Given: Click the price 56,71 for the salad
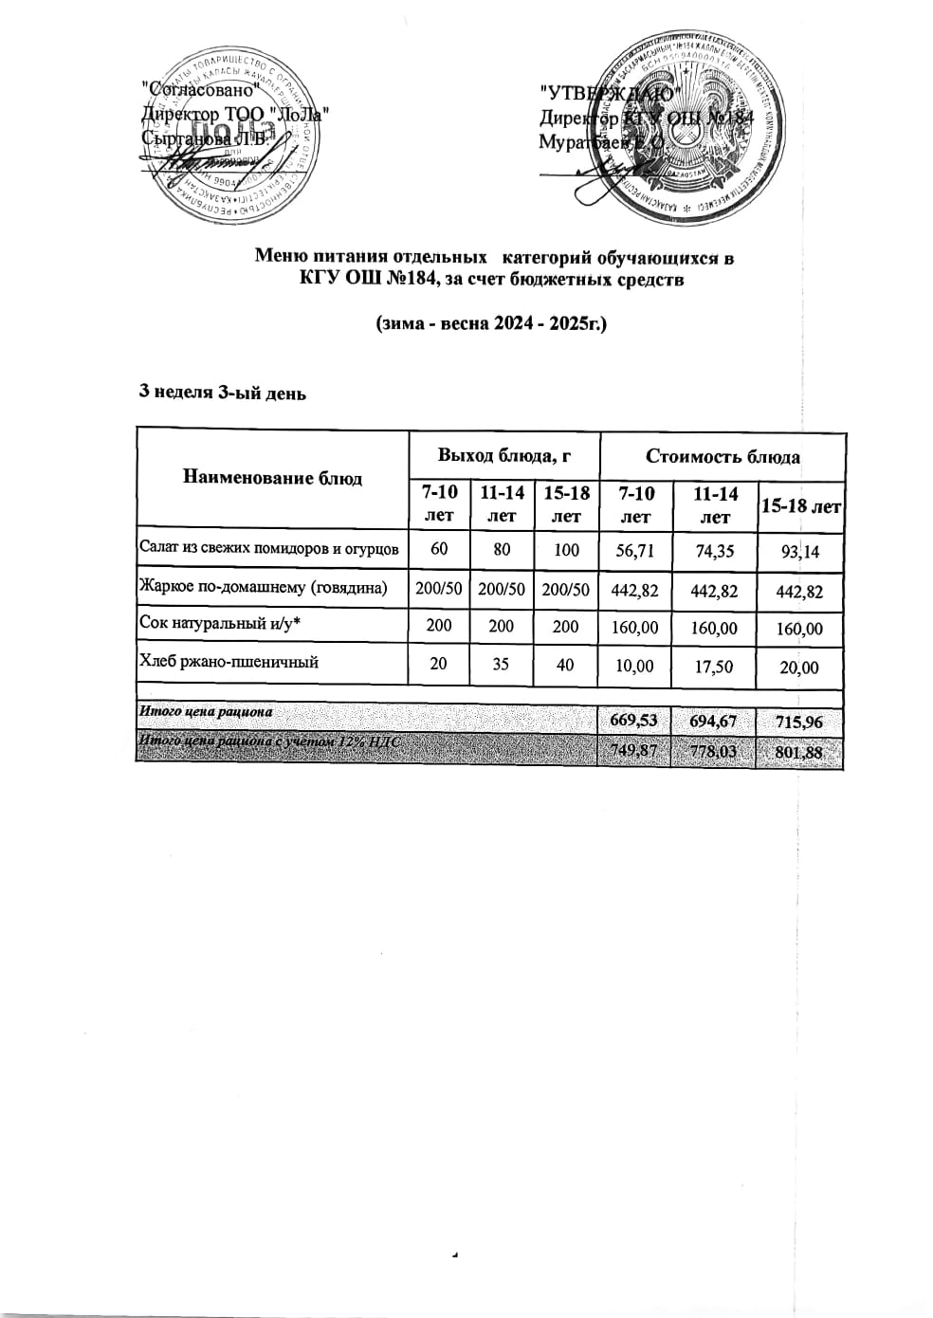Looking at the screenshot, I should click(634, 549).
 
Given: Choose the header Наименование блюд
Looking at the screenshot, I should click(272, 478).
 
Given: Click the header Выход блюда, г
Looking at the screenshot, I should click(503, 456).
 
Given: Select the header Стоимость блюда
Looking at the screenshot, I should click(723, 456).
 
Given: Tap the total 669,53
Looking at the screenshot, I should click(633, 720).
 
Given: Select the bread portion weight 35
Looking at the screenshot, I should click(501, 665).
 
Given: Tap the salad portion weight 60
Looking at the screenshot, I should click(438, 548).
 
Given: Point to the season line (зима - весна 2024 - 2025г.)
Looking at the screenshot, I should click(491, 323).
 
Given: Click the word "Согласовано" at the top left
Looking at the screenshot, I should click(198, 90).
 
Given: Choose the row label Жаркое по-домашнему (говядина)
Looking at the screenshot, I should click(264, 588).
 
